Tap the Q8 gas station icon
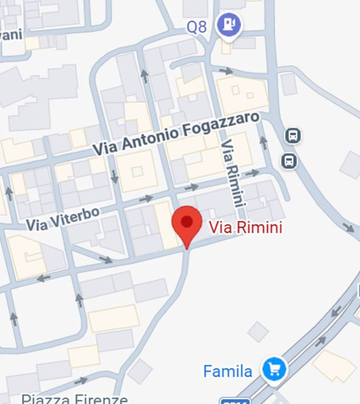coord(229,24)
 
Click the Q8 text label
coord(197,27)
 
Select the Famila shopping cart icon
coord(274,369)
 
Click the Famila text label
coord(228,372)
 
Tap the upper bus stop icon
coord(293,137)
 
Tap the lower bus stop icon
coord(288,160)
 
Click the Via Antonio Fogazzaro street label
coord(176,134)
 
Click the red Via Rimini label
coord(246,227)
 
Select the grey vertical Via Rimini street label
coord(234,172)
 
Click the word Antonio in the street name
coord(152,138)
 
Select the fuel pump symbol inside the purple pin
coord(229,23)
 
